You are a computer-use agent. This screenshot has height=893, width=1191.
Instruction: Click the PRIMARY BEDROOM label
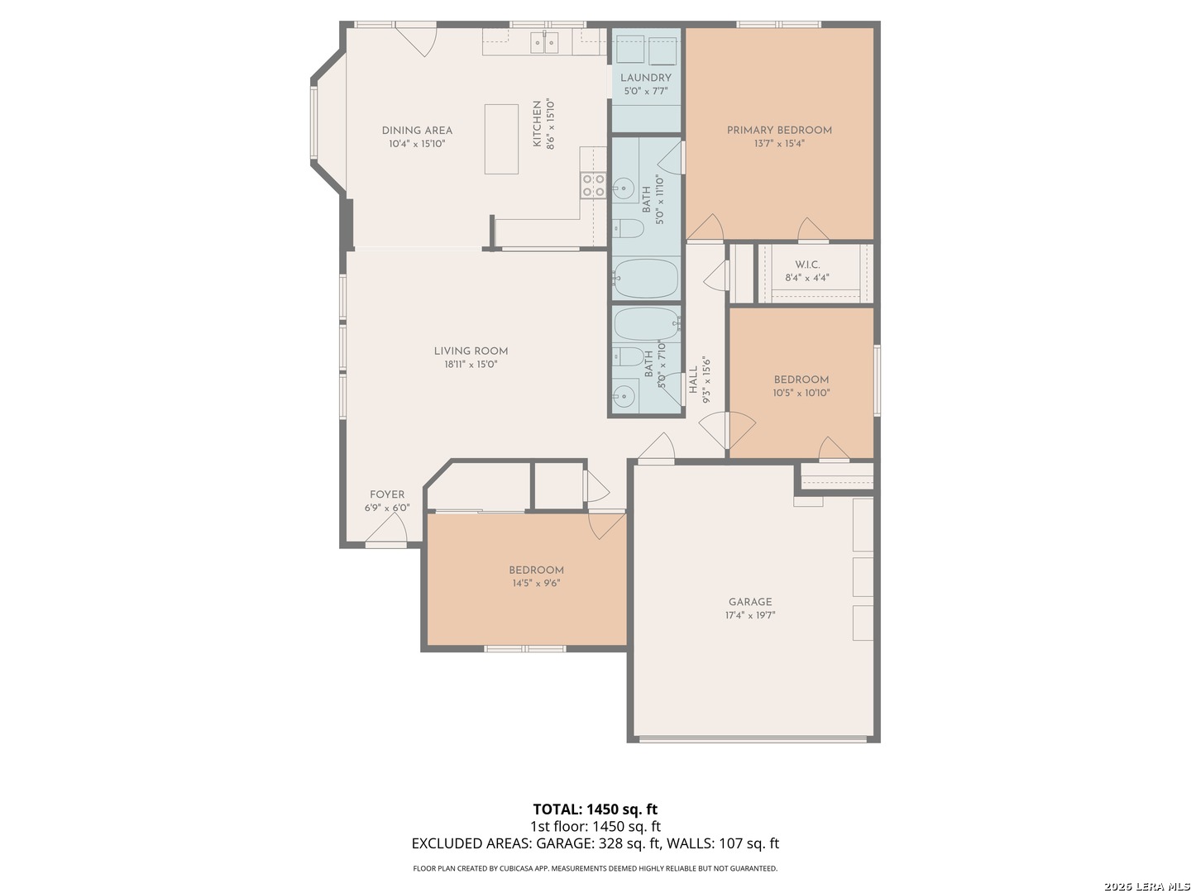[778, 130]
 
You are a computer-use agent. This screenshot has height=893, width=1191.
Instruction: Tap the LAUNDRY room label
[645, 78]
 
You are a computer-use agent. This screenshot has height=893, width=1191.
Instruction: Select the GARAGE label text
[750, 602]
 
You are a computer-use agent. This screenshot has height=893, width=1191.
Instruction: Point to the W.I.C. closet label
[807, 265]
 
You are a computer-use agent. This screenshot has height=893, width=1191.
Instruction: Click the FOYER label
[387, 494]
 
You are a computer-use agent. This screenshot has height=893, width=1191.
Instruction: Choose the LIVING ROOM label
[471, 351]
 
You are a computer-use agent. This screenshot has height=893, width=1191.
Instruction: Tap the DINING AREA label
[417, 130]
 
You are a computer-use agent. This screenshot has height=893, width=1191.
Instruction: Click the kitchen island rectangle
[501, 139]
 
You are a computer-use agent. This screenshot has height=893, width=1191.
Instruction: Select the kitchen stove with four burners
[593, 185]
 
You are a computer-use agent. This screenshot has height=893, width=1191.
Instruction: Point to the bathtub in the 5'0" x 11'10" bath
[646, 278]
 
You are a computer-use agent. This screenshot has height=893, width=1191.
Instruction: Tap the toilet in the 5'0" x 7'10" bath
[629, 356]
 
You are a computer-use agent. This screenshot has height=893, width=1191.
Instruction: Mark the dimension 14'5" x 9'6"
[536, 584]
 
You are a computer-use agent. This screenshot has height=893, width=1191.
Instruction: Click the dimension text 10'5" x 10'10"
[801, 393]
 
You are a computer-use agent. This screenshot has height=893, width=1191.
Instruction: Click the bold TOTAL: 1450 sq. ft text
[595, 809]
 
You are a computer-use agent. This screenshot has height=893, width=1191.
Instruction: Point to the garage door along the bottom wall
[753, 738]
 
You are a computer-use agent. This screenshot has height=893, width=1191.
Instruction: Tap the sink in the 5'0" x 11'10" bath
[624, 189]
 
